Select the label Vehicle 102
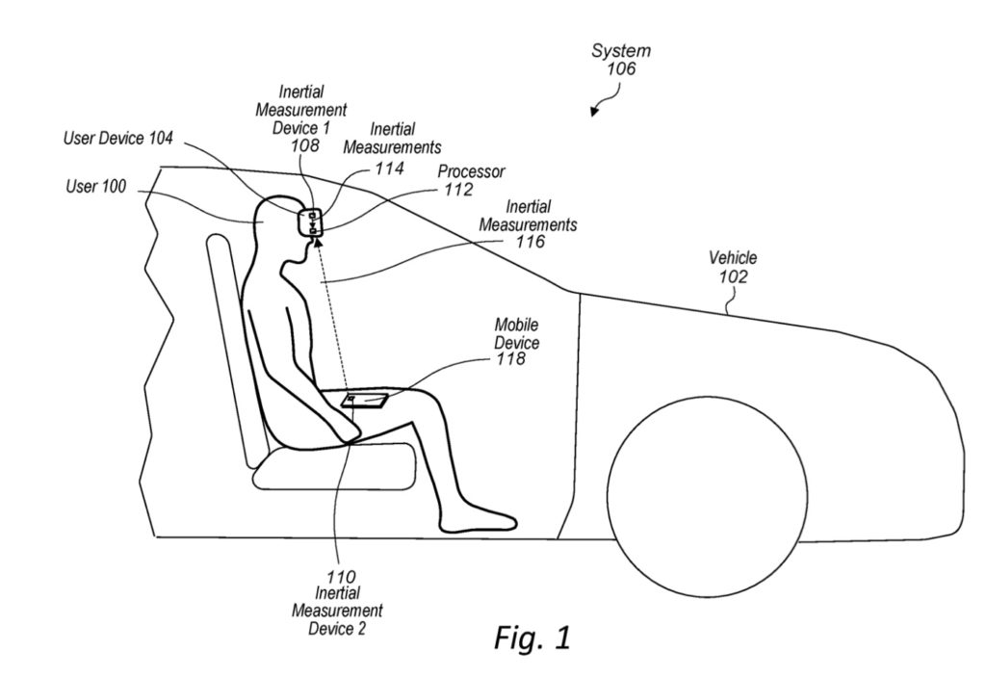[733, 267]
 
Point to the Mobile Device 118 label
[516, 342]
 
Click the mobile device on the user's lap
[366, 400]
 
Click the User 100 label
[94, 187]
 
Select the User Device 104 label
[118, 139]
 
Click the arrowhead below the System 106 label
[595, 112]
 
